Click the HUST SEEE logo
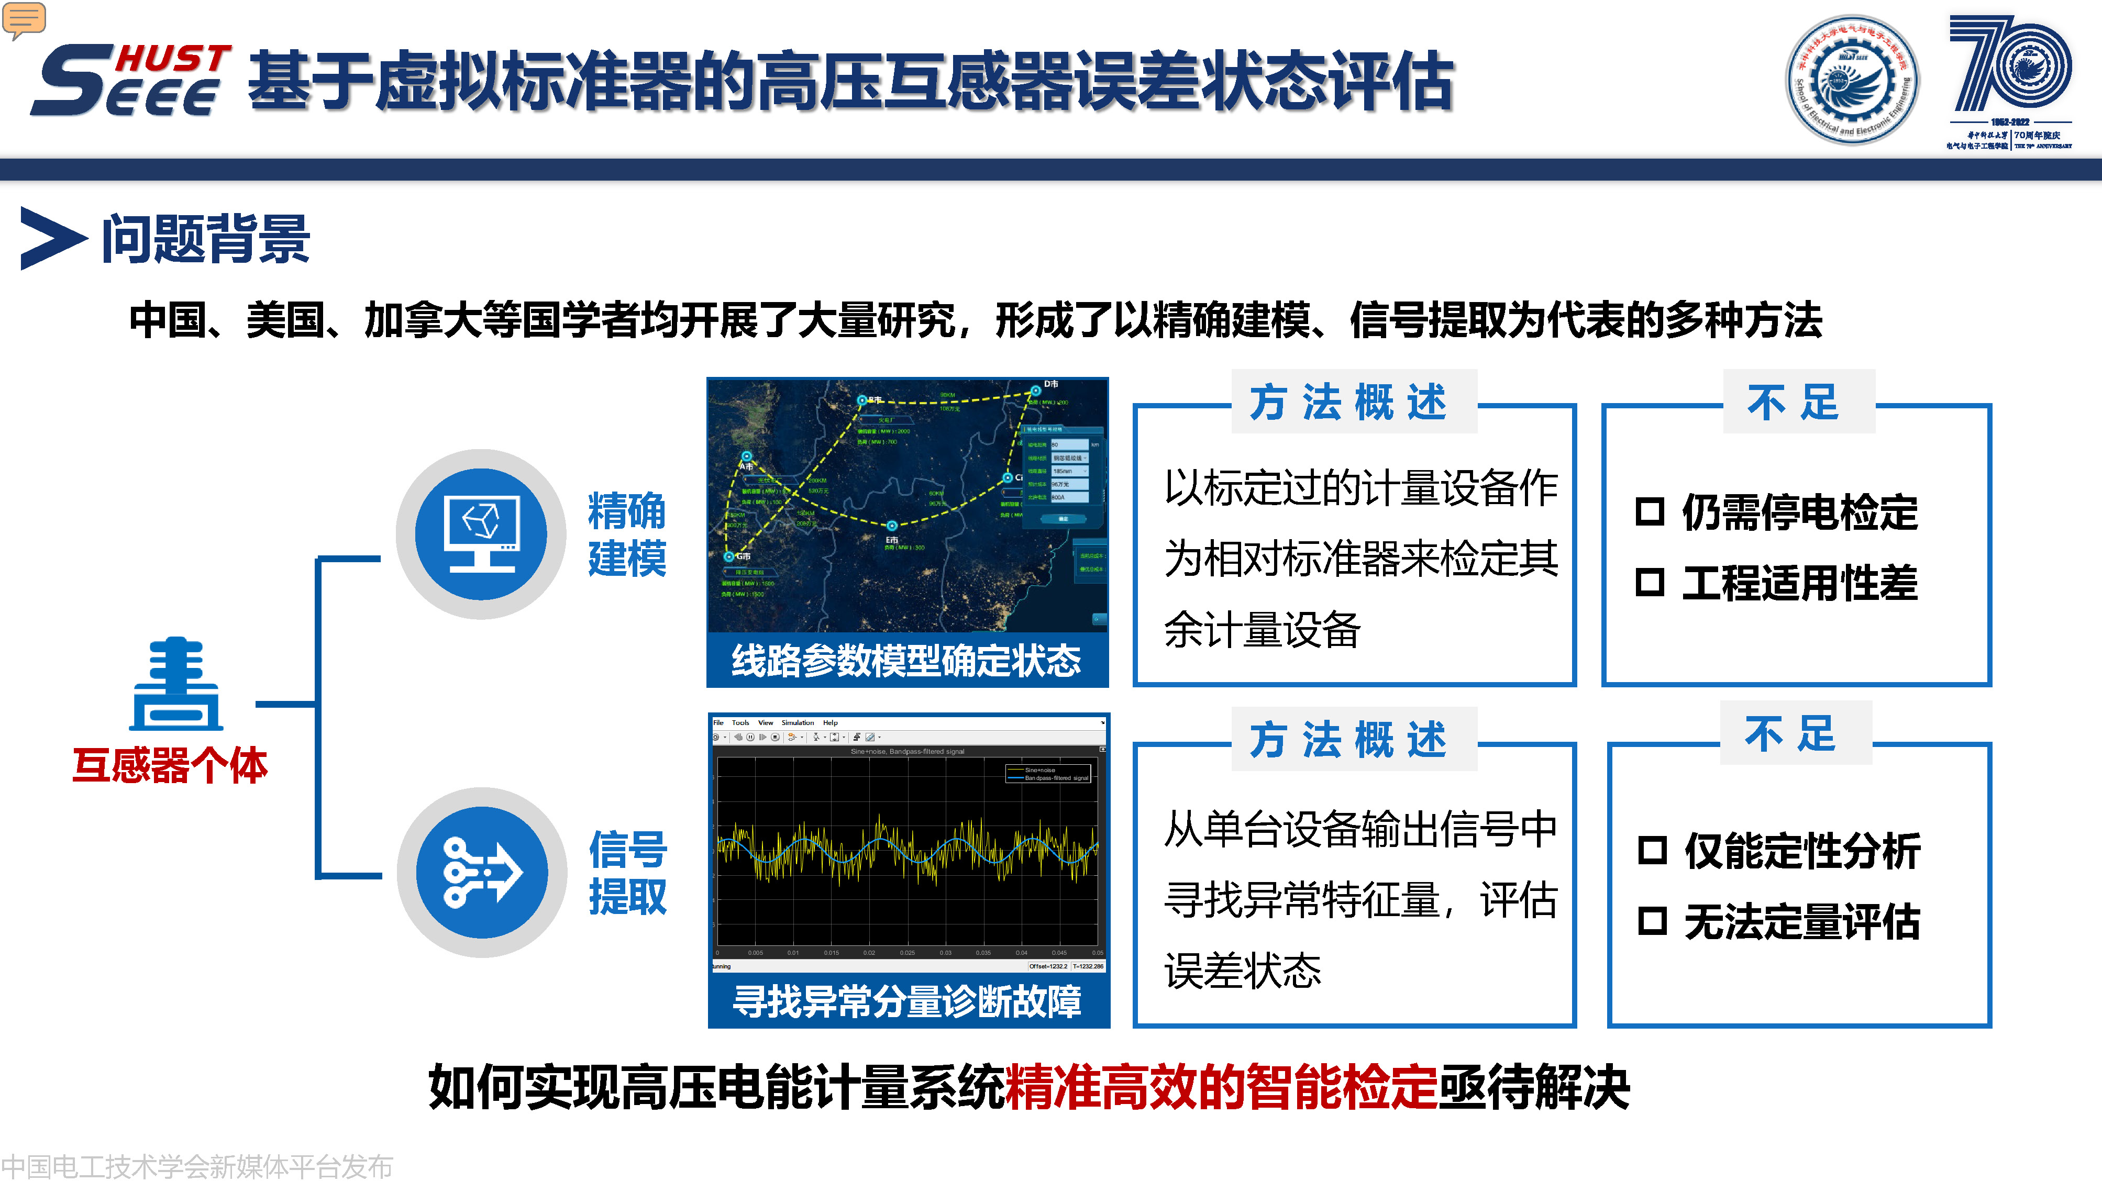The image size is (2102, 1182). coord(130,80)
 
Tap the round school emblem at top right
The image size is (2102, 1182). coord(1852,80)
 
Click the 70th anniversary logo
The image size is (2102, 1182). coord(2009,80)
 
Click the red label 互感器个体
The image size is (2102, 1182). coord(170,765)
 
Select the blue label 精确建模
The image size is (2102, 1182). coord(627,534)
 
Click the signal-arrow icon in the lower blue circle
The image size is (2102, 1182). coord(481,872)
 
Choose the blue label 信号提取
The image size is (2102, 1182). coord(627,872)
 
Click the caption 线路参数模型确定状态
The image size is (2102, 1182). coord(906,660)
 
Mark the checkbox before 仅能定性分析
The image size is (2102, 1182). coord(1652,851)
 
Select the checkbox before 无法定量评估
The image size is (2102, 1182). coord(1652,921)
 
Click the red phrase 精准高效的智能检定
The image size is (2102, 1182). coord(1221,1087)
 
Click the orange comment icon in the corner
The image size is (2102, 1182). coord(24,19)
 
